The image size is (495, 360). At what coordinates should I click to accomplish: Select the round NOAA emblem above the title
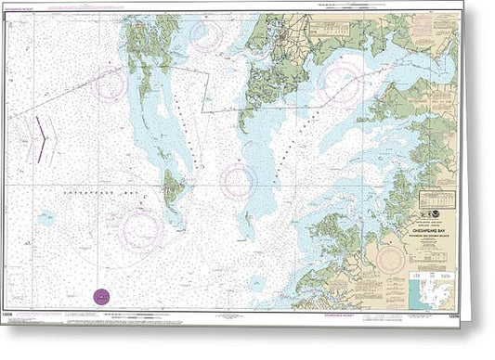449,198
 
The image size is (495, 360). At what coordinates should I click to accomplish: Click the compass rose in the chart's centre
238,181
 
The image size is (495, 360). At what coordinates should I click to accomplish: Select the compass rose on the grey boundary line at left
111,84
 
